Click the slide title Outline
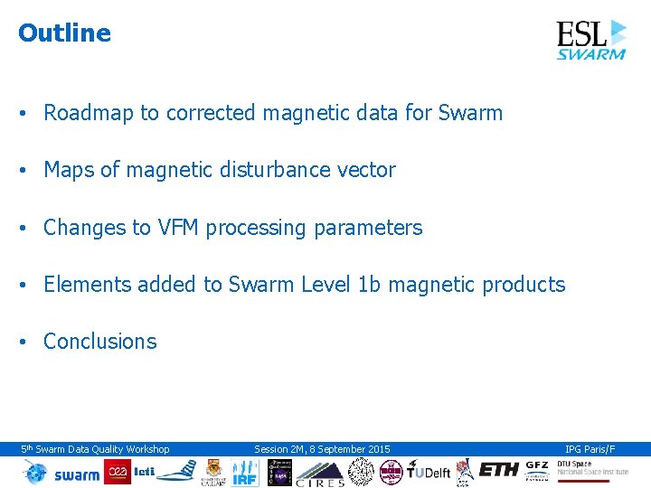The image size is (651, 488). [64, 33]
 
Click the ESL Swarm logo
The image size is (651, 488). [590, 40]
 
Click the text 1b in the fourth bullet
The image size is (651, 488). [370, 285]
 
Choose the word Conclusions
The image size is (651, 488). [99, 342]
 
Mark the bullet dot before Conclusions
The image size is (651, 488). [25, 343]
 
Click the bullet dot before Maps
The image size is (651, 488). [25, 171]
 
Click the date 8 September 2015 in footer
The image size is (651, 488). [348, 449]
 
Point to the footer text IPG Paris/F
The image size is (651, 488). [590, 449]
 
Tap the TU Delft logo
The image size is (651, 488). [428, 472]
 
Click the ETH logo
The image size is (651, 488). [499, 471]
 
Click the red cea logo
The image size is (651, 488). [118, 472]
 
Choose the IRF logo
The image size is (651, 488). [245, 472]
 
